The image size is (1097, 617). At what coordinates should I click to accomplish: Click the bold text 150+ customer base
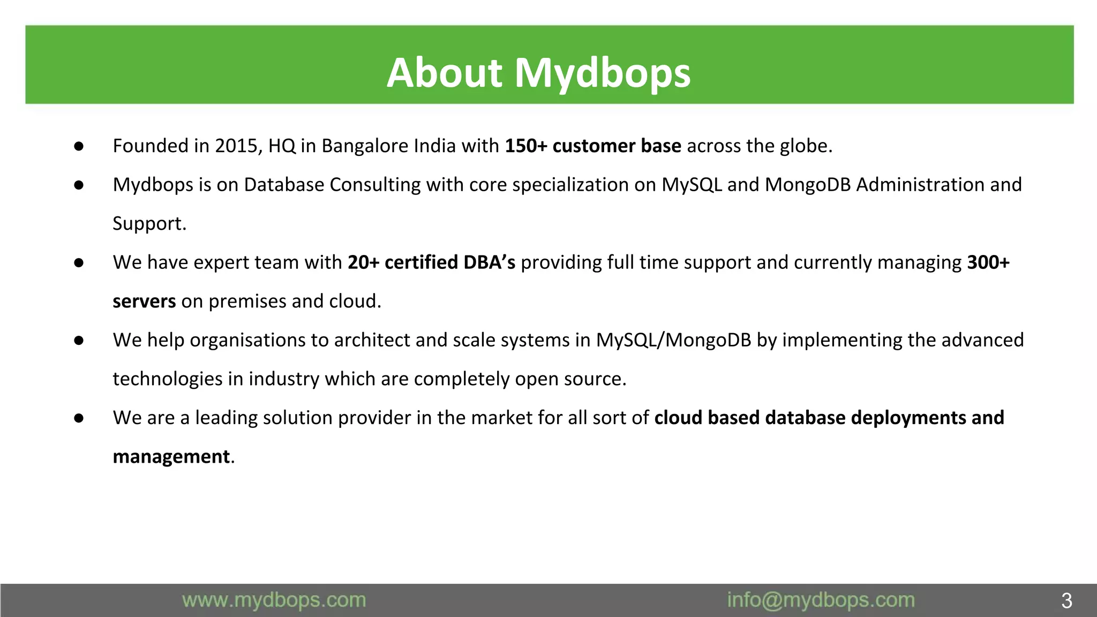pos(593,146)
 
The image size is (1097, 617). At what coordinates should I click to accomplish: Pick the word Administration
pos(920,185)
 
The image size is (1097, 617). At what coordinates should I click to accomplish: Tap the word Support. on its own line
pos(149,224)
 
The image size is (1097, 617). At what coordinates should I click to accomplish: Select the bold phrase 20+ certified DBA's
pos(431,262)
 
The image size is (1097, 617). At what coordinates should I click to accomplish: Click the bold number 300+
pos(988,262)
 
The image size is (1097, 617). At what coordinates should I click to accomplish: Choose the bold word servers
pos(144,302)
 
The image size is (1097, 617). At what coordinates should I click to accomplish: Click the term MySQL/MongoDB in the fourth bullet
pos(673,340)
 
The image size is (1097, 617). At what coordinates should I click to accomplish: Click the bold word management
pos(171,457)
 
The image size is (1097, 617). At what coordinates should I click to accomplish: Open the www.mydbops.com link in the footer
pos(274,600)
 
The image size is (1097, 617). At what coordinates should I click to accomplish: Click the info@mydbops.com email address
pos(821,600)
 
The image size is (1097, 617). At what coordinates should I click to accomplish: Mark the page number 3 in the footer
pos(1066,601)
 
